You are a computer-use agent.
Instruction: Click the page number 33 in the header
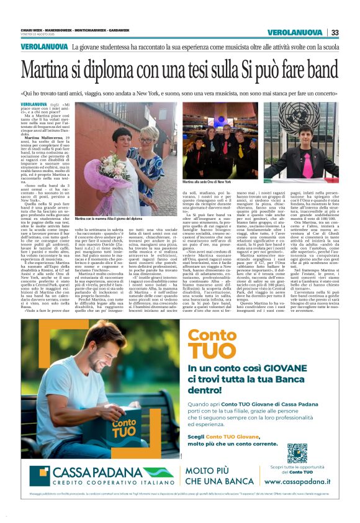tap(335, 32)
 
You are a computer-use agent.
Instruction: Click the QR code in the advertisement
tap(297, 453)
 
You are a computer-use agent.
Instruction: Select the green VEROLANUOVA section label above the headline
tap(43, 47)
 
